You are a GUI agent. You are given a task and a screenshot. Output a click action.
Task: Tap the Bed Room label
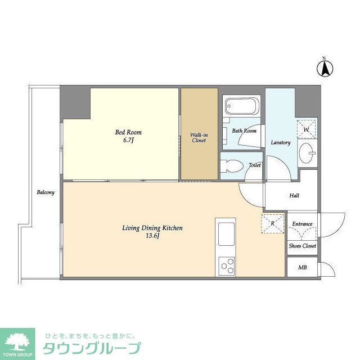(124, 132)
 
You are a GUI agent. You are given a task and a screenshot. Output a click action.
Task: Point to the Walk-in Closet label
(199, 137)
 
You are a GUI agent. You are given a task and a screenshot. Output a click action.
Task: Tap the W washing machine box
(307, 129)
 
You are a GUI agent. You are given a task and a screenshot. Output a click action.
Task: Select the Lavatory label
(280, 142)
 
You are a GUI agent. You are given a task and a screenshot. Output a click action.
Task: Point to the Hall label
(294, 196)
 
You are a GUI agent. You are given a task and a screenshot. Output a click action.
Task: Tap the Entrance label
(302, 224)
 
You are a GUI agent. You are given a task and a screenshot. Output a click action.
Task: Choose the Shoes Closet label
(302, 246)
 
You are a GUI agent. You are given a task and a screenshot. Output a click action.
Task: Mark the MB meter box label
(302, 267)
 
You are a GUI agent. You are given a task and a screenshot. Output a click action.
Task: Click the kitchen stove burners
(227, 264)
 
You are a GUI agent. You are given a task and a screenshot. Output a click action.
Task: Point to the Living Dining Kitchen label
(152, 228)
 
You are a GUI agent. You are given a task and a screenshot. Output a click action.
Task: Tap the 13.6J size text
(152, 236)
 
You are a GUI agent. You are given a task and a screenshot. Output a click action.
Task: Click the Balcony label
(46, 192)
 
